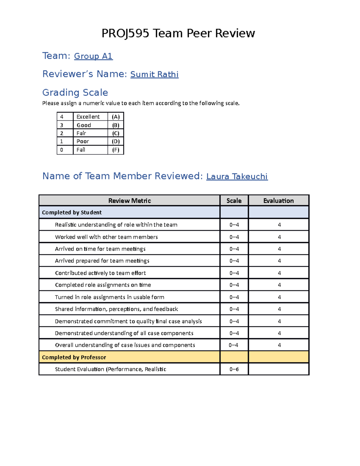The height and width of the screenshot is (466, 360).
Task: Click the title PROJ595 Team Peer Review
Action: [x=178, y=33]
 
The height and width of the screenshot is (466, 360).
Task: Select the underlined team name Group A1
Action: [x=93, y=56]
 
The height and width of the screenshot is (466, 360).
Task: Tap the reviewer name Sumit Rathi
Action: [x=154, y=74]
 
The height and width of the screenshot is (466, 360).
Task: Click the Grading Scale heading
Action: [x=75, y=92]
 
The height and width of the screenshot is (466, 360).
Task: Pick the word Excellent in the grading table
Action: [x=88, y=117]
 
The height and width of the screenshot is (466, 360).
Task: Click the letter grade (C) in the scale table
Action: [x=115, y=133]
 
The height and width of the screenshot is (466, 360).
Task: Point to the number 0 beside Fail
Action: [x=62, y=150]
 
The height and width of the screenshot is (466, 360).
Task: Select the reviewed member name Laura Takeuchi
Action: [x=237, y=176]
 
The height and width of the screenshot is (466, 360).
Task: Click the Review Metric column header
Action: [x=129, y=201]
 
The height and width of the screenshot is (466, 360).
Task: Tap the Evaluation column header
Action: [x=278, y=201]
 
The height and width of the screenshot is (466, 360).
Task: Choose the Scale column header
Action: [x=234, y=201]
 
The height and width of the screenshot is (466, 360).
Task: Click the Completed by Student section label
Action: [x=72, y=212]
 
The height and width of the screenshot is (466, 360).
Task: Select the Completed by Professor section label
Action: [x=74, y=357]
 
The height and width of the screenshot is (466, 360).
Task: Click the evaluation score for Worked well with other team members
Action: [x=279, y=237]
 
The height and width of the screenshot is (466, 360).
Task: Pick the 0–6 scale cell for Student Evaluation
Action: [x=234, y=369]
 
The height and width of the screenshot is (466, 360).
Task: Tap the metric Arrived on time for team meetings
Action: [x=100, y=249]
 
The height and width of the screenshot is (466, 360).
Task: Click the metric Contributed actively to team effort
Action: [x=100, y=273]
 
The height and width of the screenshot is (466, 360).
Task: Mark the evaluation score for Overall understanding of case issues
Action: [x=279, y=345]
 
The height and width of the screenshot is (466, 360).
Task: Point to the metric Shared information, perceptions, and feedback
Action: [x=116, y=309]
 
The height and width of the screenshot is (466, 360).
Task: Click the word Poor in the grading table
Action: [x=83, y=141]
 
